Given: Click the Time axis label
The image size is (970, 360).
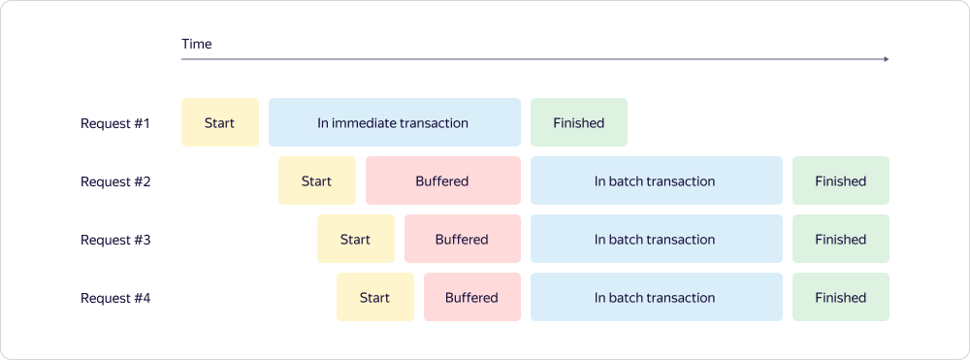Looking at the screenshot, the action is click(x=197, y=44).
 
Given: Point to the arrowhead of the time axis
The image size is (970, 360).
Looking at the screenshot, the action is click(x=887, y=59).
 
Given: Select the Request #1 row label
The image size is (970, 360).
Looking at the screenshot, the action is click(x=115, y=123).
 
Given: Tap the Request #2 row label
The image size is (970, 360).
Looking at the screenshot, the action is click(x=115, y=181).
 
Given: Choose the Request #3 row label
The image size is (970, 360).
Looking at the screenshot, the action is click(x=115, y=240).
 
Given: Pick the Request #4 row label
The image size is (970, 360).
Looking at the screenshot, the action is click(x=115, y=298).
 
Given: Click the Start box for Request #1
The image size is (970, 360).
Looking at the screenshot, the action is click(x=219, y=122).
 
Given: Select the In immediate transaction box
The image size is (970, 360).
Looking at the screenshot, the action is click(x=395, y=122).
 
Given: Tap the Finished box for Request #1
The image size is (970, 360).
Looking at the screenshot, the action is click(x=579, y=122).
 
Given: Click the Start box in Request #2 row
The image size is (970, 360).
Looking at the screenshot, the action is click(x=317, y=180).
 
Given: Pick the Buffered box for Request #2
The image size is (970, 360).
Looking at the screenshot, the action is click(x=443, y=180).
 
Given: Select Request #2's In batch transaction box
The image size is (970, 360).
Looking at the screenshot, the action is click(x=657, y=180).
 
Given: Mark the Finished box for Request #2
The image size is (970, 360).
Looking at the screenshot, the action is click(x=841, y=180).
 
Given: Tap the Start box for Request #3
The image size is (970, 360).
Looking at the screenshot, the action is click(x=356, y=239).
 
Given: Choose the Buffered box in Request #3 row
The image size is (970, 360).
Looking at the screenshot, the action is click(x=463, y=239).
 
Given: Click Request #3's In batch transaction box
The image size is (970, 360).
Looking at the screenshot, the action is click(x=657, y=239).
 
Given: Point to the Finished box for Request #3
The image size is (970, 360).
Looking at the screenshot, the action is click(x=841, y=239).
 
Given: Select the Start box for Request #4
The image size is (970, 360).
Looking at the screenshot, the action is click(x=374, y=297).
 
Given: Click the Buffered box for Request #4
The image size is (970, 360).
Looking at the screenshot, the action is click(x=472, y=297).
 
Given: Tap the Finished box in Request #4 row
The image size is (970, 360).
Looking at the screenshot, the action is click(x=841, y=297).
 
